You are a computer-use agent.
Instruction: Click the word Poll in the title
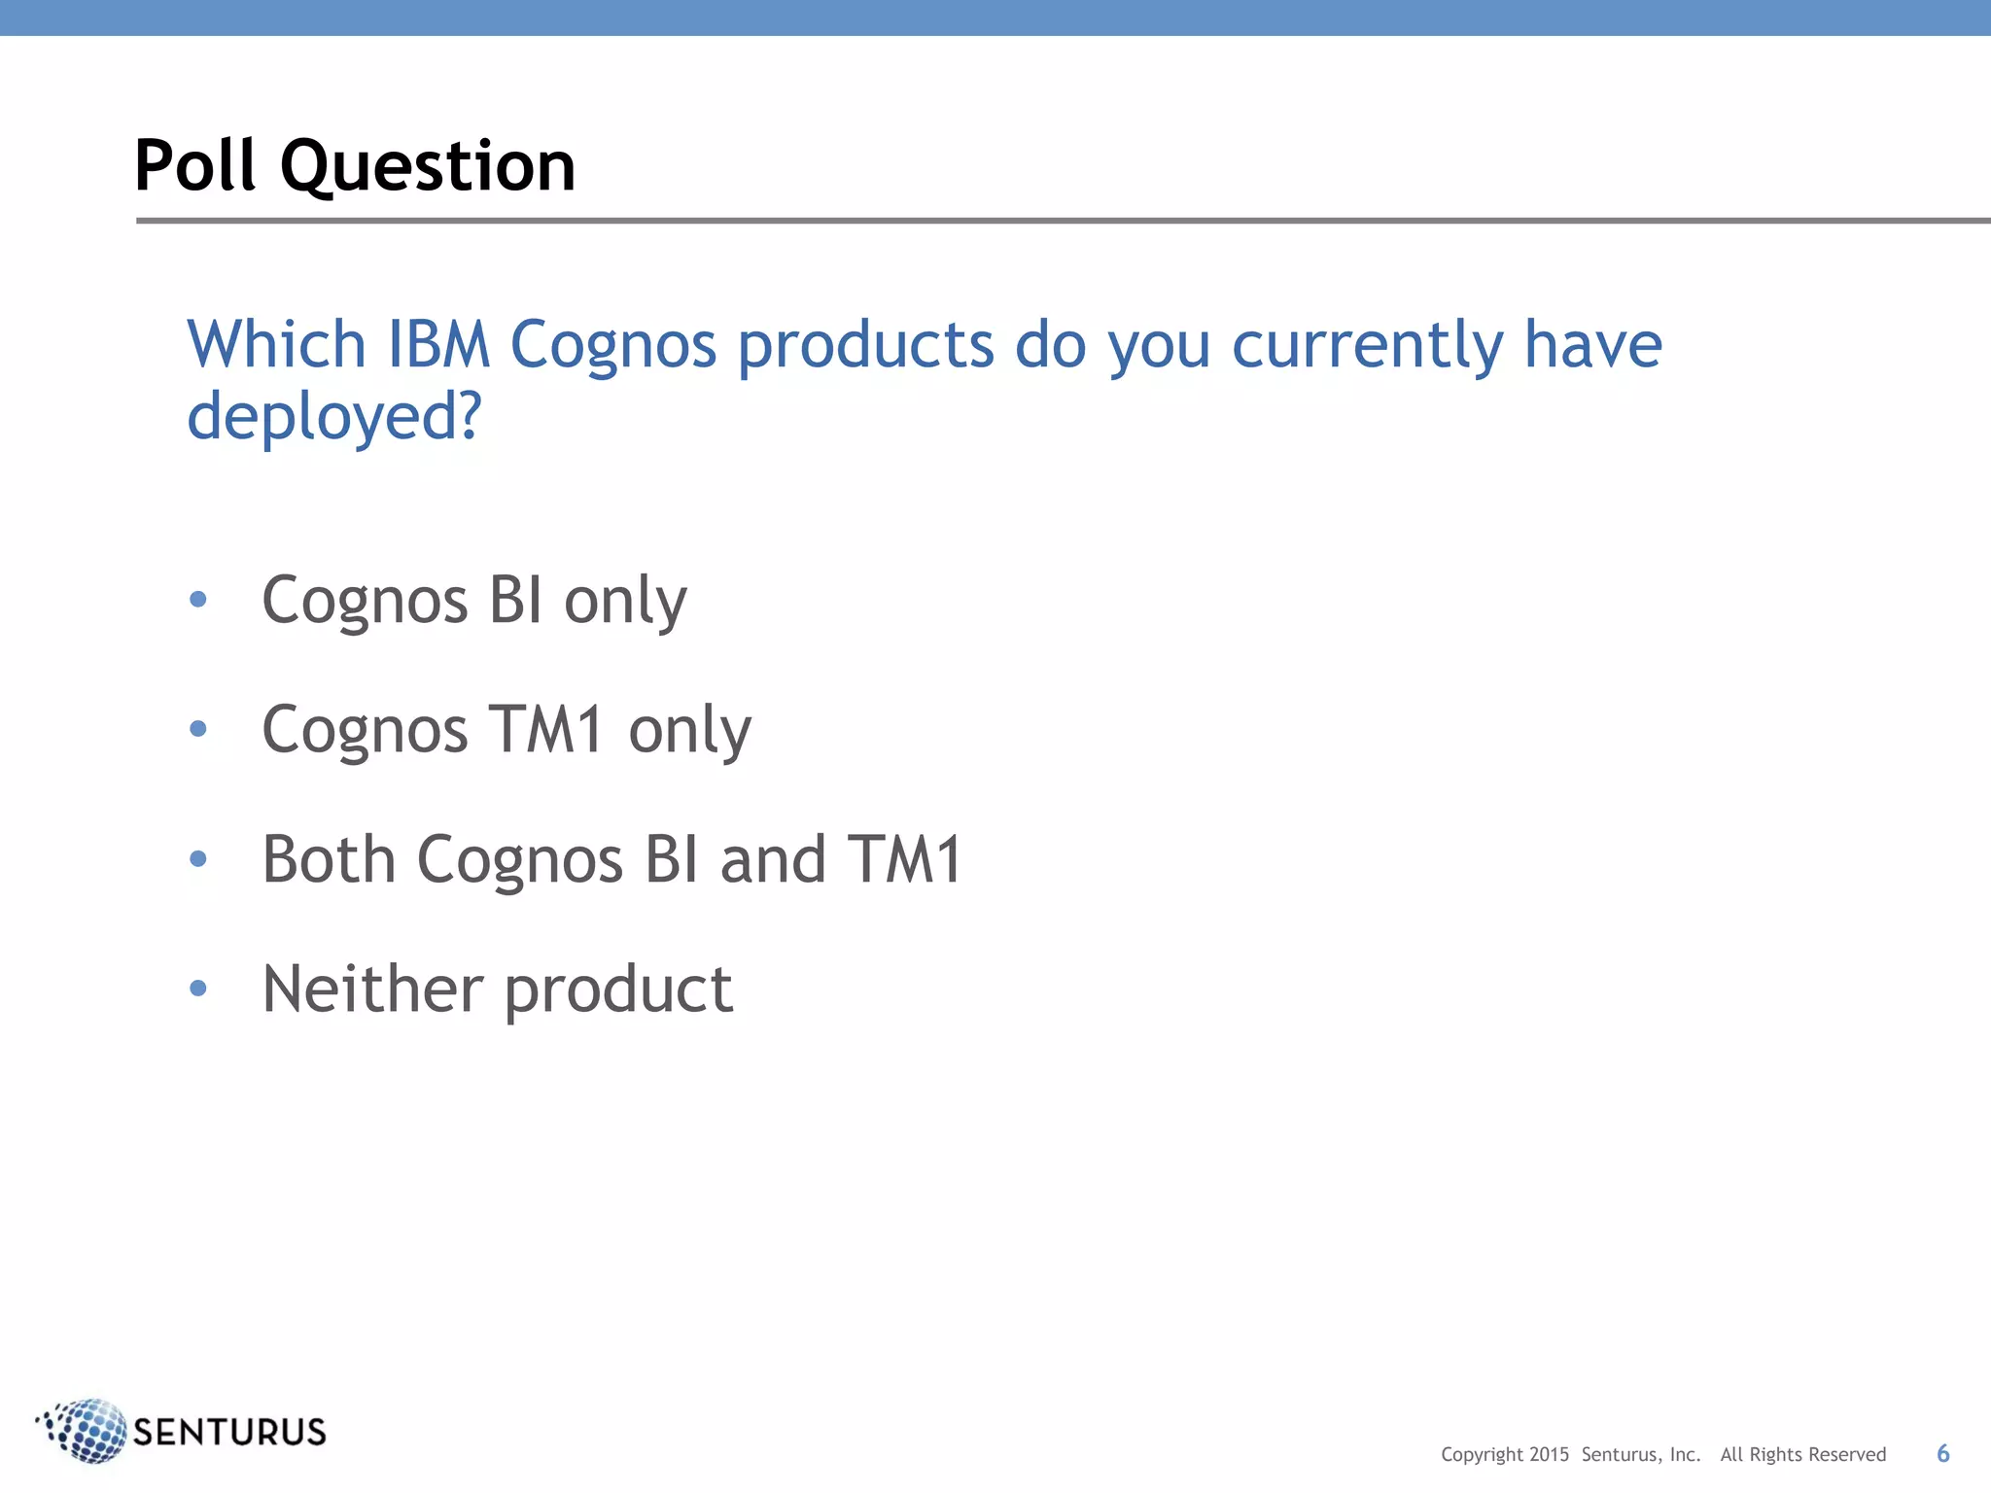[x=194, y=165]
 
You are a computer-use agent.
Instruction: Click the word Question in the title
[x=428, y=167]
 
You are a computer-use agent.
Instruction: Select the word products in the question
[x=865, y=346]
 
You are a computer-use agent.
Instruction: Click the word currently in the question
[x=1367, y=346]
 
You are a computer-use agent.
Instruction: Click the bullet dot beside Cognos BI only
[x=198, y=600]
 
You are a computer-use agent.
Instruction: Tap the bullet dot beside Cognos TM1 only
[x=198, y=729]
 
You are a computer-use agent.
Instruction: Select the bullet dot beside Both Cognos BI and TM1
[x=198, y=859]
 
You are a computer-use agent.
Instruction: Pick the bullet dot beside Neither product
[x=198, y=989]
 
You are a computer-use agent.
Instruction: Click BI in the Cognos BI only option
[x=515, y=600]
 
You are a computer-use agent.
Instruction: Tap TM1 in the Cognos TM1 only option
[x=547, y=729]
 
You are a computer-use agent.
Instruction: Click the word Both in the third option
[x=329, y=859]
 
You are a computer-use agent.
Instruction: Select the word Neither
[x=373, y=989]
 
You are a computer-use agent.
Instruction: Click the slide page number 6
[x=1942, y=1453]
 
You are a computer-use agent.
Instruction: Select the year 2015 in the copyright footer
[x=1549, y=1455]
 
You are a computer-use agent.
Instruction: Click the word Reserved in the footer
[x=1846, y=1455]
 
